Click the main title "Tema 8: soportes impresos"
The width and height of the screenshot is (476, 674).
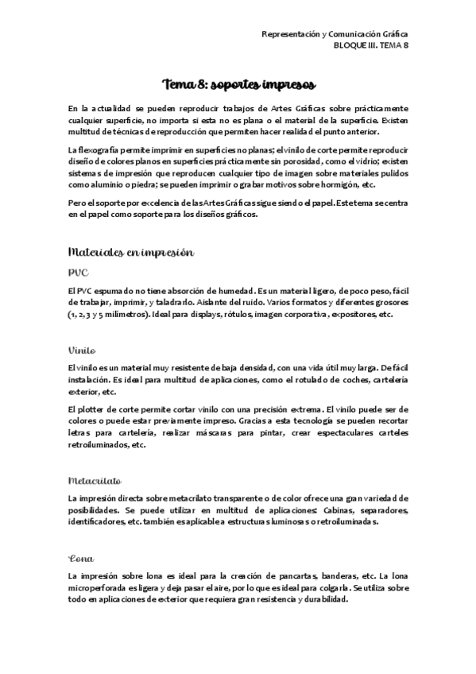(x=238, y=84)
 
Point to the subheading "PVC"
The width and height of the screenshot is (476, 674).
(x=78, y=273)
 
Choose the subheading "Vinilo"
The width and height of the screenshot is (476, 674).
(x=82, y=349)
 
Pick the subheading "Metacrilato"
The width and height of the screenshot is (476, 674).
(x=94, y=480)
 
